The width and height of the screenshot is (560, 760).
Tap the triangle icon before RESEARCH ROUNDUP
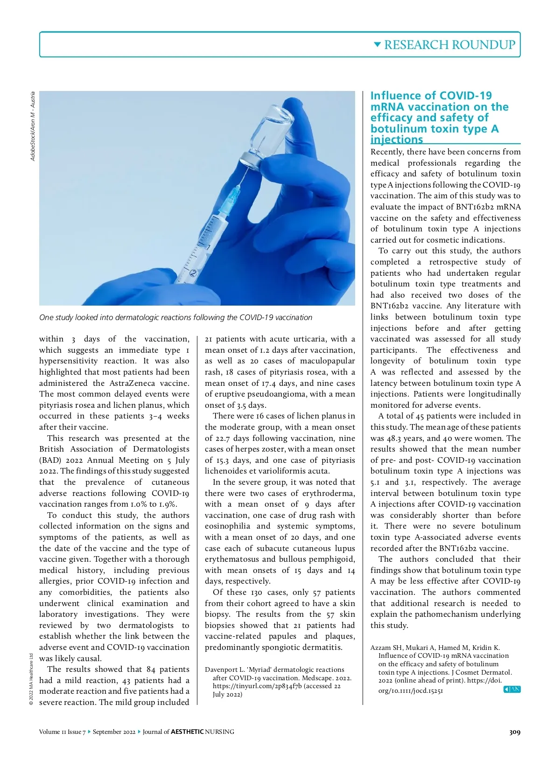[x=378, y=45]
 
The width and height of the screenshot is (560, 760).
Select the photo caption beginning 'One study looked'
[x=175, y=318]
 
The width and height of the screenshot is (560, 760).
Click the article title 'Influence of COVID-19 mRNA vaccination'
[x=439, y=118]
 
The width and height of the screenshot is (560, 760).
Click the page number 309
[x=514, y=732]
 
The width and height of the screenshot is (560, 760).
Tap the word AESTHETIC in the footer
[x=187, y=732]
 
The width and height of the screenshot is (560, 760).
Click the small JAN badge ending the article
[x=512, y=690]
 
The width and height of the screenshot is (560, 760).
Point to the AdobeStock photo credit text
[x=33, y=126]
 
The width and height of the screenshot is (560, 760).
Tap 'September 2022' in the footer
[x=114, y=732]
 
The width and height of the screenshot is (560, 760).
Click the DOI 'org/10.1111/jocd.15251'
[x=411, y=690]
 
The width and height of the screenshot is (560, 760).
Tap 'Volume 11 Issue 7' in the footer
[x=63, y=732]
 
